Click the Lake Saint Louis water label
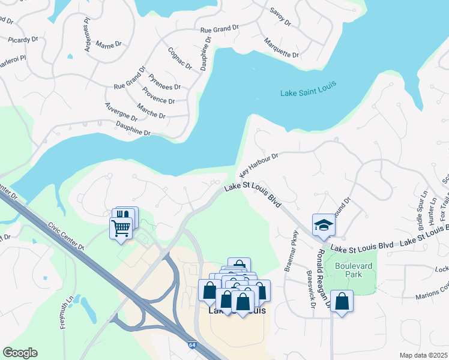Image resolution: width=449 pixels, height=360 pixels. [309, 92]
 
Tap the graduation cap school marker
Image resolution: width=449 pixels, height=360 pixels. [323, 225]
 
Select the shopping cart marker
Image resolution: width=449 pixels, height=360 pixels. [121, 228]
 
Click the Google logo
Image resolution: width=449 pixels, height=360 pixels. [20, 353]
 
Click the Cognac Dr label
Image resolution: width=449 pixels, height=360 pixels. [179, 58]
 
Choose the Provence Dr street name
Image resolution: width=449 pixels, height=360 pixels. [158, 95]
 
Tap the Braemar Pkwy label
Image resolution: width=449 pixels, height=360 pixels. [294, 248]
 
